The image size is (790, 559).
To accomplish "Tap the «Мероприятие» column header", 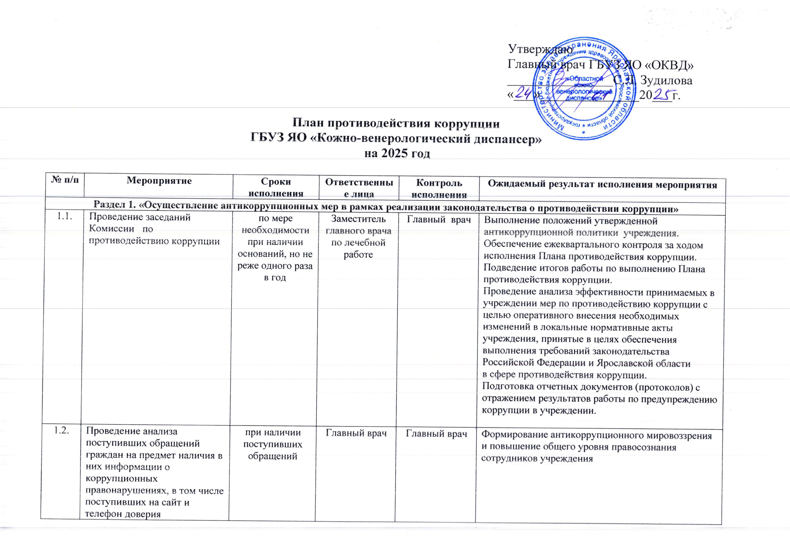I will pos(159,181).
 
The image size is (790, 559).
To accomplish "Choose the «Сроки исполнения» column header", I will pos(276,187).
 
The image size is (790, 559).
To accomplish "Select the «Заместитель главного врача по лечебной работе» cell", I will pos(359,237).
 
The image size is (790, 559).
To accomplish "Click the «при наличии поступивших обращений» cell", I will pos(273,444).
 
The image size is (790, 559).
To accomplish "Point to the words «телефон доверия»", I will pos(123,514).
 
